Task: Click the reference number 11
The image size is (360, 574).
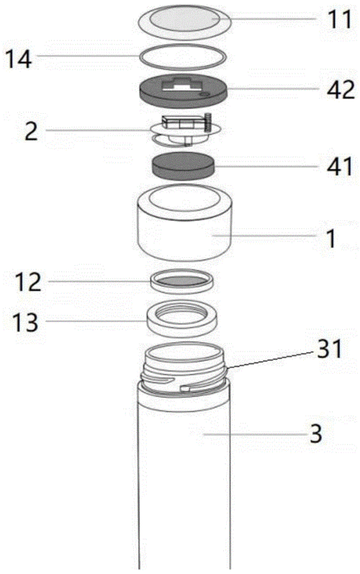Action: tap(340, 19)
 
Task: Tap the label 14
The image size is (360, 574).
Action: tap(19, 58)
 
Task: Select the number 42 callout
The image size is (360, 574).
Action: tap(341, 90)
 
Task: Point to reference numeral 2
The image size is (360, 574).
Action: tap(31, 132)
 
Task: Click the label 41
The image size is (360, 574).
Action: tap(340, 166)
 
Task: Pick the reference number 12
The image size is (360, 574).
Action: tap(28, 282)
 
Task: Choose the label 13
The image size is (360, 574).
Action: tap(25, 322)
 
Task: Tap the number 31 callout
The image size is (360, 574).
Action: tap(329, 349)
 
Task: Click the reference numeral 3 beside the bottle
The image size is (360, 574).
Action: tap(316, 434)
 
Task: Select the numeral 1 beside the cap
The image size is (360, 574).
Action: tap(331, 238)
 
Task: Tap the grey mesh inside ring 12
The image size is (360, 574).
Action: tap(181, 281)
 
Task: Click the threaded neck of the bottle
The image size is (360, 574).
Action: tap(184, 370)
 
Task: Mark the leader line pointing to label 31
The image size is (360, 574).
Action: tap(271, 359)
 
